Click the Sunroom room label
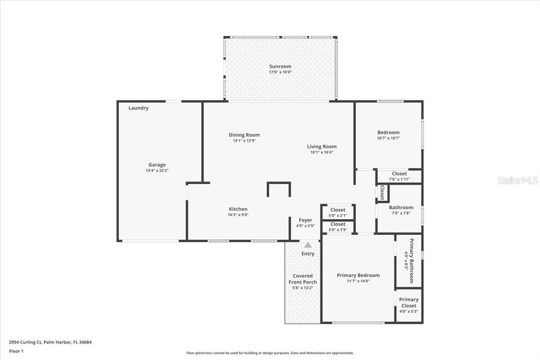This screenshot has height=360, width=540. (x=280, y=67)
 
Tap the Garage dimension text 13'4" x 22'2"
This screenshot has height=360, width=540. (x=157, y=171)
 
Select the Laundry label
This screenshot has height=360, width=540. (x=138, y=108)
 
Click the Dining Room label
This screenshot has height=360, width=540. (x=244, y=135)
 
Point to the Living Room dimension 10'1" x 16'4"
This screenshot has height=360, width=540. (x=322, y=152)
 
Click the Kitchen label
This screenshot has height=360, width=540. (x=238, y=209)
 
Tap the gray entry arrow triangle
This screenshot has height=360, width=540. (x=308, y=245)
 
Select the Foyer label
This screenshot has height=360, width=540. (x=305, y=220)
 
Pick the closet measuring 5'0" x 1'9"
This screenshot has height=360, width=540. (x=338, y=226)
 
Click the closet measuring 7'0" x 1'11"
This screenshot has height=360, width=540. (x=399, y=176)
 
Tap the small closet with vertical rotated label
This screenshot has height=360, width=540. (x=382, y=193)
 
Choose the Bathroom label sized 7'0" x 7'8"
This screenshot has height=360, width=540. (x=401, y=208)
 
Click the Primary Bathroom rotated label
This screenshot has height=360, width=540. (x=409, y=261)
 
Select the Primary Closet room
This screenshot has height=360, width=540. (x=409, y=305)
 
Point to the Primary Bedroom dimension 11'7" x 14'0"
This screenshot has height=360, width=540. (x=358, y=281)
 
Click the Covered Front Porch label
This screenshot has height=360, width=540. (x=302, y=279)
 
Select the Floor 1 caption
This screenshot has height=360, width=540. (x=16, y=351)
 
